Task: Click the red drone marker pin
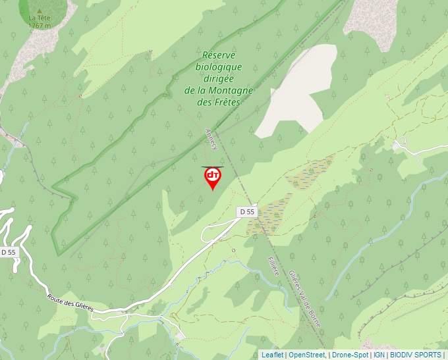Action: pos(212,177)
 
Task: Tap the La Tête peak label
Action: pos(39,18)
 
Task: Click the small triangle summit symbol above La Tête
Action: pos(40,11)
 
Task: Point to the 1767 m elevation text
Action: pos(40,26)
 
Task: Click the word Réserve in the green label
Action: pos(219,55)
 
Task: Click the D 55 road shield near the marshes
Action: pos(247,211)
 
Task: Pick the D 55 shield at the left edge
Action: pos(8,252)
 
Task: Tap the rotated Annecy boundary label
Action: pos(211,138)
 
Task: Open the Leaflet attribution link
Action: pos(272,355)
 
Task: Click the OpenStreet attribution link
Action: pos(308,355)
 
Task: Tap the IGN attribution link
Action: pos(379,355)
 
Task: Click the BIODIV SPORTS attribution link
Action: pos(416,355)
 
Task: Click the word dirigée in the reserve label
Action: pos(219,78)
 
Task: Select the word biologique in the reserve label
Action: pos(219,66)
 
